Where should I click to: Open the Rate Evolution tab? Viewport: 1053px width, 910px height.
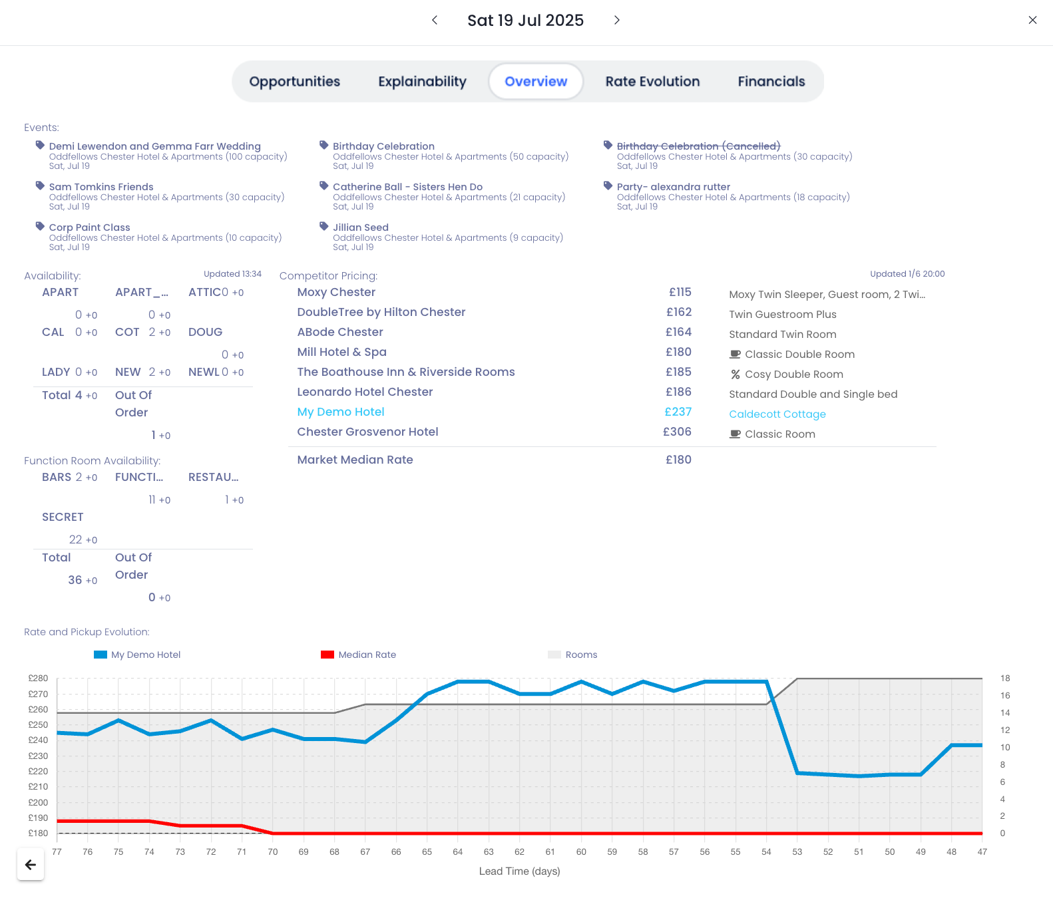(x=652, y=82)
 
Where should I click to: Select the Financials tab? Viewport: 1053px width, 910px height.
(x=771, y=82)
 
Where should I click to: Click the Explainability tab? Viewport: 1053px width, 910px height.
(x=422, y=82)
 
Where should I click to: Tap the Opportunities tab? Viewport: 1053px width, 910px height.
(x=294, y=82)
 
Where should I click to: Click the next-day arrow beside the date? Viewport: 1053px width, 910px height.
(x=616, y=21)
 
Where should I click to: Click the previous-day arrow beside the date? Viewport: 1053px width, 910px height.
(x=435, y=21)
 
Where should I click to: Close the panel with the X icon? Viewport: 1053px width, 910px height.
(x=1032, y=21)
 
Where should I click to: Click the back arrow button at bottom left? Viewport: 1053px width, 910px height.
(x=31, y=865)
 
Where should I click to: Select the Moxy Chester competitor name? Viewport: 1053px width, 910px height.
(x=336, y=292)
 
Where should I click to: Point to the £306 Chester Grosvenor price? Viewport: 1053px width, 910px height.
(x=677, y=432)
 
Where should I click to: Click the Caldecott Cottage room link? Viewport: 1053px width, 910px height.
(x=777, y=414)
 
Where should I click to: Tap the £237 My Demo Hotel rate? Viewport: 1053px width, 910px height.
(x=678, y=412)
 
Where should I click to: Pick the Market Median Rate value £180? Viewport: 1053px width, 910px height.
(x=678, y=460)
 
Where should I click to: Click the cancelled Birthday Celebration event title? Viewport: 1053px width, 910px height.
(x=698, y=146)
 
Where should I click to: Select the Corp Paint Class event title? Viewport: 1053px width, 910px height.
(x=89, y=227)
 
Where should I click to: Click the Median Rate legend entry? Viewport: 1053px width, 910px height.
(x=367, y=655)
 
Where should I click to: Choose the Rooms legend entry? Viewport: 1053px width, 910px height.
(x=581, y=655)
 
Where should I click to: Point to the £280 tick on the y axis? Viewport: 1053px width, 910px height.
(x=38, y=679)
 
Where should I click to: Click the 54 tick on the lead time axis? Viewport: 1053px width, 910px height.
(x=766, y=852)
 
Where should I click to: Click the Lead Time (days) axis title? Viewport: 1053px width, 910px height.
(x=519, y=871)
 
